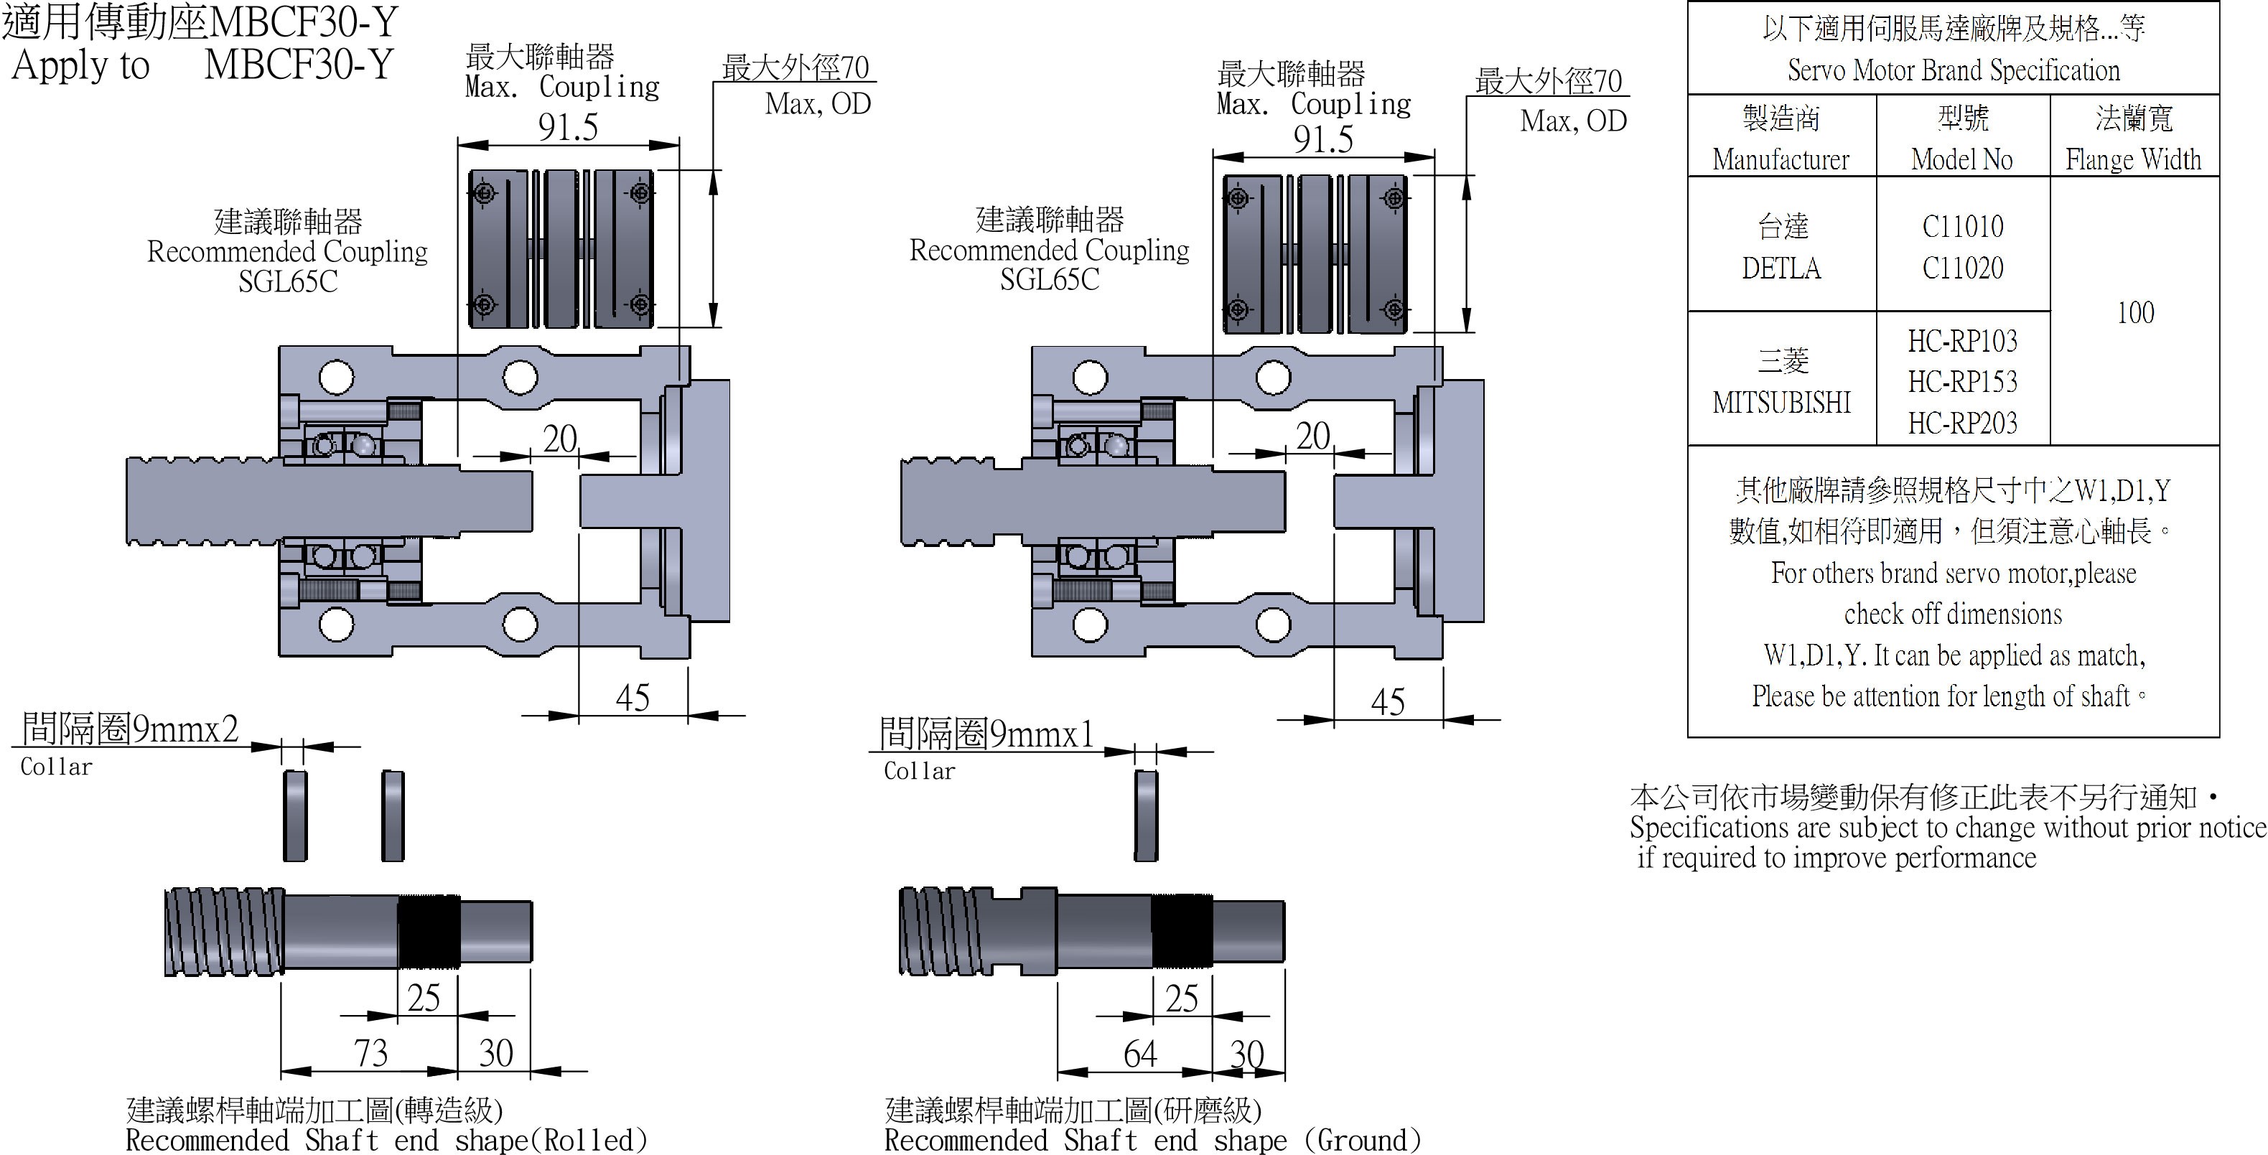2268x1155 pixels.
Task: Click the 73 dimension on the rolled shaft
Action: pyautogui.click(x=370, y=1053)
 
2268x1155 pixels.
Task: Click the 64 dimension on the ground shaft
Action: pyautogui.click(x=1140, y=1055)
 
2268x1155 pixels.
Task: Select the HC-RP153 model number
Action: pyautogui.click(x=1962, y=382)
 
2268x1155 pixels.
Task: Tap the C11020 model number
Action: pyautogui.click(x=1962, y=268)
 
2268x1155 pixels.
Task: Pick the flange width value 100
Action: pyautogui.click(x=2135, y=312)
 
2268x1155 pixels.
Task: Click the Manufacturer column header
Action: pyautogui.click(x=1781, y=159)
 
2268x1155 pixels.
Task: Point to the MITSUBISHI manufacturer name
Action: pyautogui.click(x=1781, y=402)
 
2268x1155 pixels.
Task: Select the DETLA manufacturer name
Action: pyautogui.click(x=1781, y=268)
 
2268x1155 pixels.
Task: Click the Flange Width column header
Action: pyautogui.click(x=2133, y=159)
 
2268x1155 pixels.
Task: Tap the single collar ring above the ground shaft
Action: pyautogui.click(x=1145, y=815)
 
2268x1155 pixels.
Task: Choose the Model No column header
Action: pyautogui.click(x=1961, y=159)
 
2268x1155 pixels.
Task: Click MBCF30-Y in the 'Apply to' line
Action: pyautogui.click(x=299, y=65)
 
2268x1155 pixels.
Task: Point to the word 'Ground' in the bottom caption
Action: pyautogui.click(x=1362, y=1140)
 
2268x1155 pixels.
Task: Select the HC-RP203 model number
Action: pyautogui.click(x=1962, y=424)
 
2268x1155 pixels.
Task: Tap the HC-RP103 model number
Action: pyautogui.click(x=1962, y=342)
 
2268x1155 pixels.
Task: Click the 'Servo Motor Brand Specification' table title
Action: pyautogui.click(x=1953, y=70)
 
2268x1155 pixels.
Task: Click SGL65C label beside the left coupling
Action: pyautogui.click(x=288, y=281)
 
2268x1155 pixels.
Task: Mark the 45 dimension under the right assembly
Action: pyautogui.click(x=1388, y=701)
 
